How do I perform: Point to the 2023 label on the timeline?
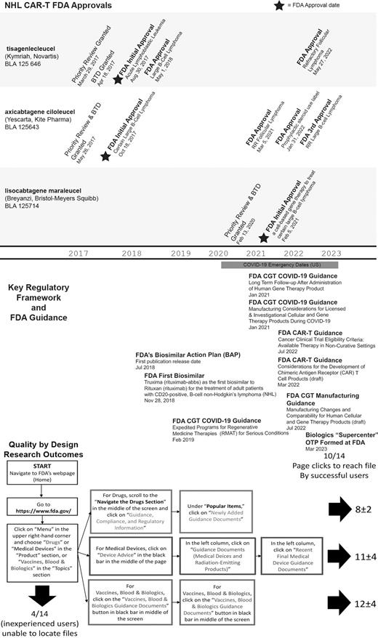point(331,253)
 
